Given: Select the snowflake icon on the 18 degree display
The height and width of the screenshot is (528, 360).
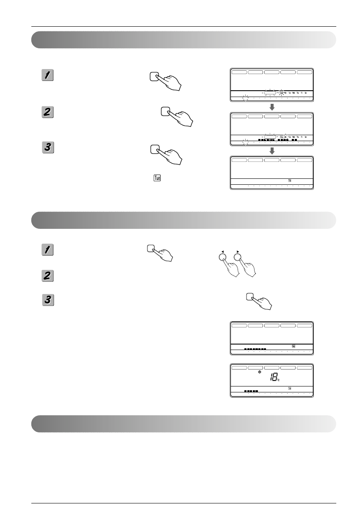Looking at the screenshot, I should coord(260,372).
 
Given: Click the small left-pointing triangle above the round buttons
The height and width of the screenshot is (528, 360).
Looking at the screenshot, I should coord(221,252).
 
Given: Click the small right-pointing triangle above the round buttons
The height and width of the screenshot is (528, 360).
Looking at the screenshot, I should coord(238,252).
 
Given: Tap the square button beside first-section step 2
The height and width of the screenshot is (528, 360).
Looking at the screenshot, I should coord(166,112).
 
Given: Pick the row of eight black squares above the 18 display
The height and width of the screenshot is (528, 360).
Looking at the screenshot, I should coord(255,349).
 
